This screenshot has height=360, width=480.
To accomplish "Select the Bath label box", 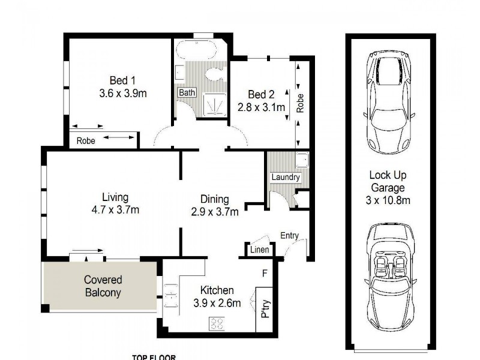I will coord(186,93).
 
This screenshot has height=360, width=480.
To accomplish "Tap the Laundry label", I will coord(285,178).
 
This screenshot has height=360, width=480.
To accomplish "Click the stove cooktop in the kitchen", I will coord(217,324).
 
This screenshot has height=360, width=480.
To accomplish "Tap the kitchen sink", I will coord(170,294).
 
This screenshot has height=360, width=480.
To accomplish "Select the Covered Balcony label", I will coord(103,286).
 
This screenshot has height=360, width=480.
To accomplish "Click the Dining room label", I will coord(215,199).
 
